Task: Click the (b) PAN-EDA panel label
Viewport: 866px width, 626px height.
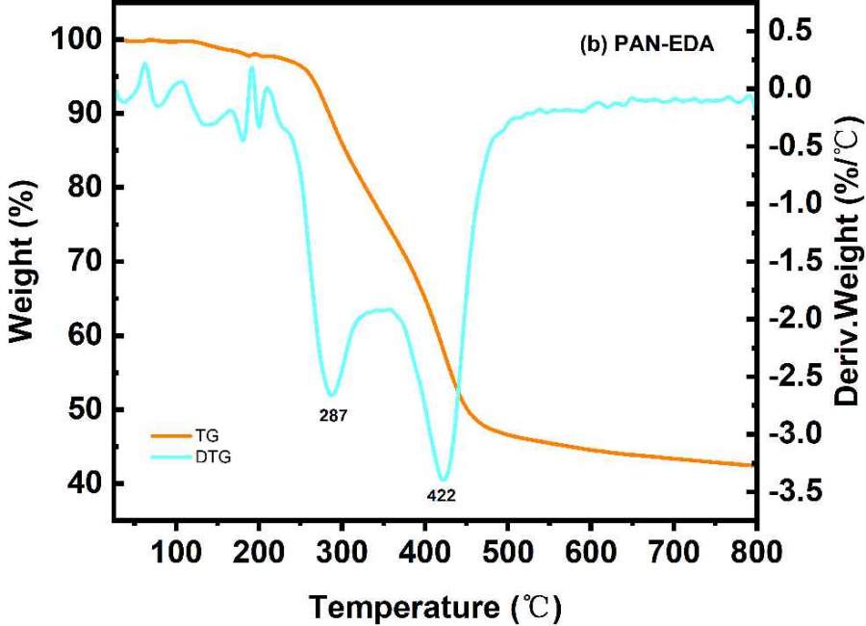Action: point(649,44)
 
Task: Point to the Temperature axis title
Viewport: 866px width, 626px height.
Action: point(433,606)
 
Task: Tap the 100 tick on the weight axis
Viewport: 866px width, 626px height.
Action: point(73,40)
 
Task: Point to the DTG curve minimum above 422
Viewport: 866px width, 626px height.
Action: point(443,479)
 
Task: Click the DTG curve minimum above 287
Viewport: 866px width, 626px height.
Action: point(331,395)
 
